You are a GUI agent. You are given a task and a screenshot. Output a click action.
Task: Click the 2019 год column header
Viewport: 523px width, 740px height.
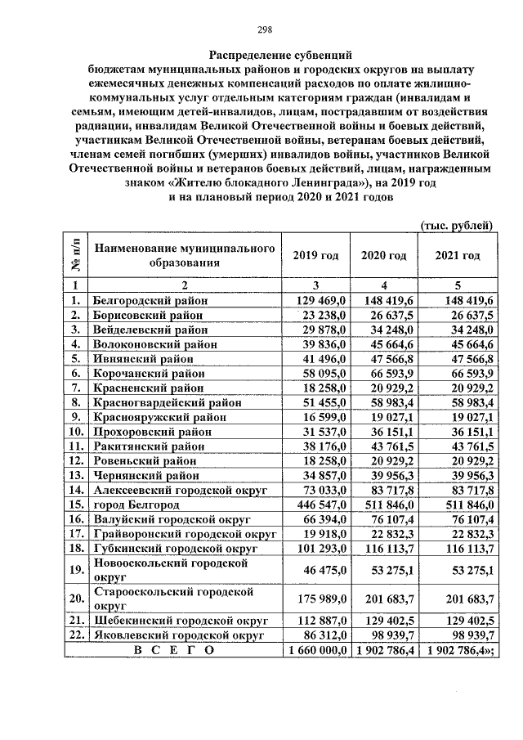click(x=315, y=255)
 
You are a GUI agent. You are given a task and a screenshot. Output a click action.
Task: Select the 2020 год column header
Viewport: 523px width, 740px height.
click(x=383, y=255)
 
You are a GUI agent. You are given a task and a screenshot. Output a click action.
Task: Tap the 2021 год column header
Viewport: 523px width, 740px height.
click(x=457, y=255)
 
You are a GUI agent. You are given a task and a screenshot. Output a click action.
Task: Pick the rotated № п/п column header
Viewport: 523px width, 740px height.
click(x=76, y=255)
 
